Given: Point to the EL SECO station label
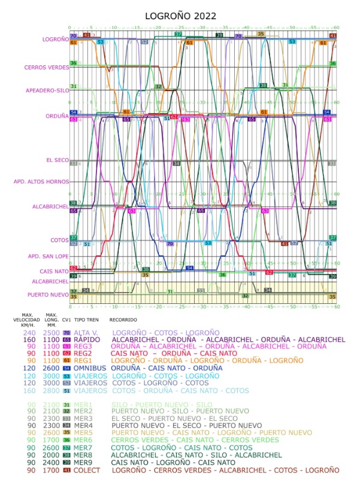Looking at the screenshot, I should click(x=58, y=160).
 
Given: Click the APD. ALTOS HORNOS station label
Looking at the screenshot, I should click(x=42, y=181).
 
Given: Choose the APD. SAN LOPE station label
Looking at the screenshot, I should click(x=49, y=256).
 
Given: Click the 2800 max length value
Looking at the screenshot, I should click(x=52, y=390).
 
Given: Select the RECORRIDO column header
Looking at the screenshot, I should click(x=123, y=321).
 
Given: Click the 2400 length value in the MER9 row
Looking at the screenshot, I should click(x=52, y=462).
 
